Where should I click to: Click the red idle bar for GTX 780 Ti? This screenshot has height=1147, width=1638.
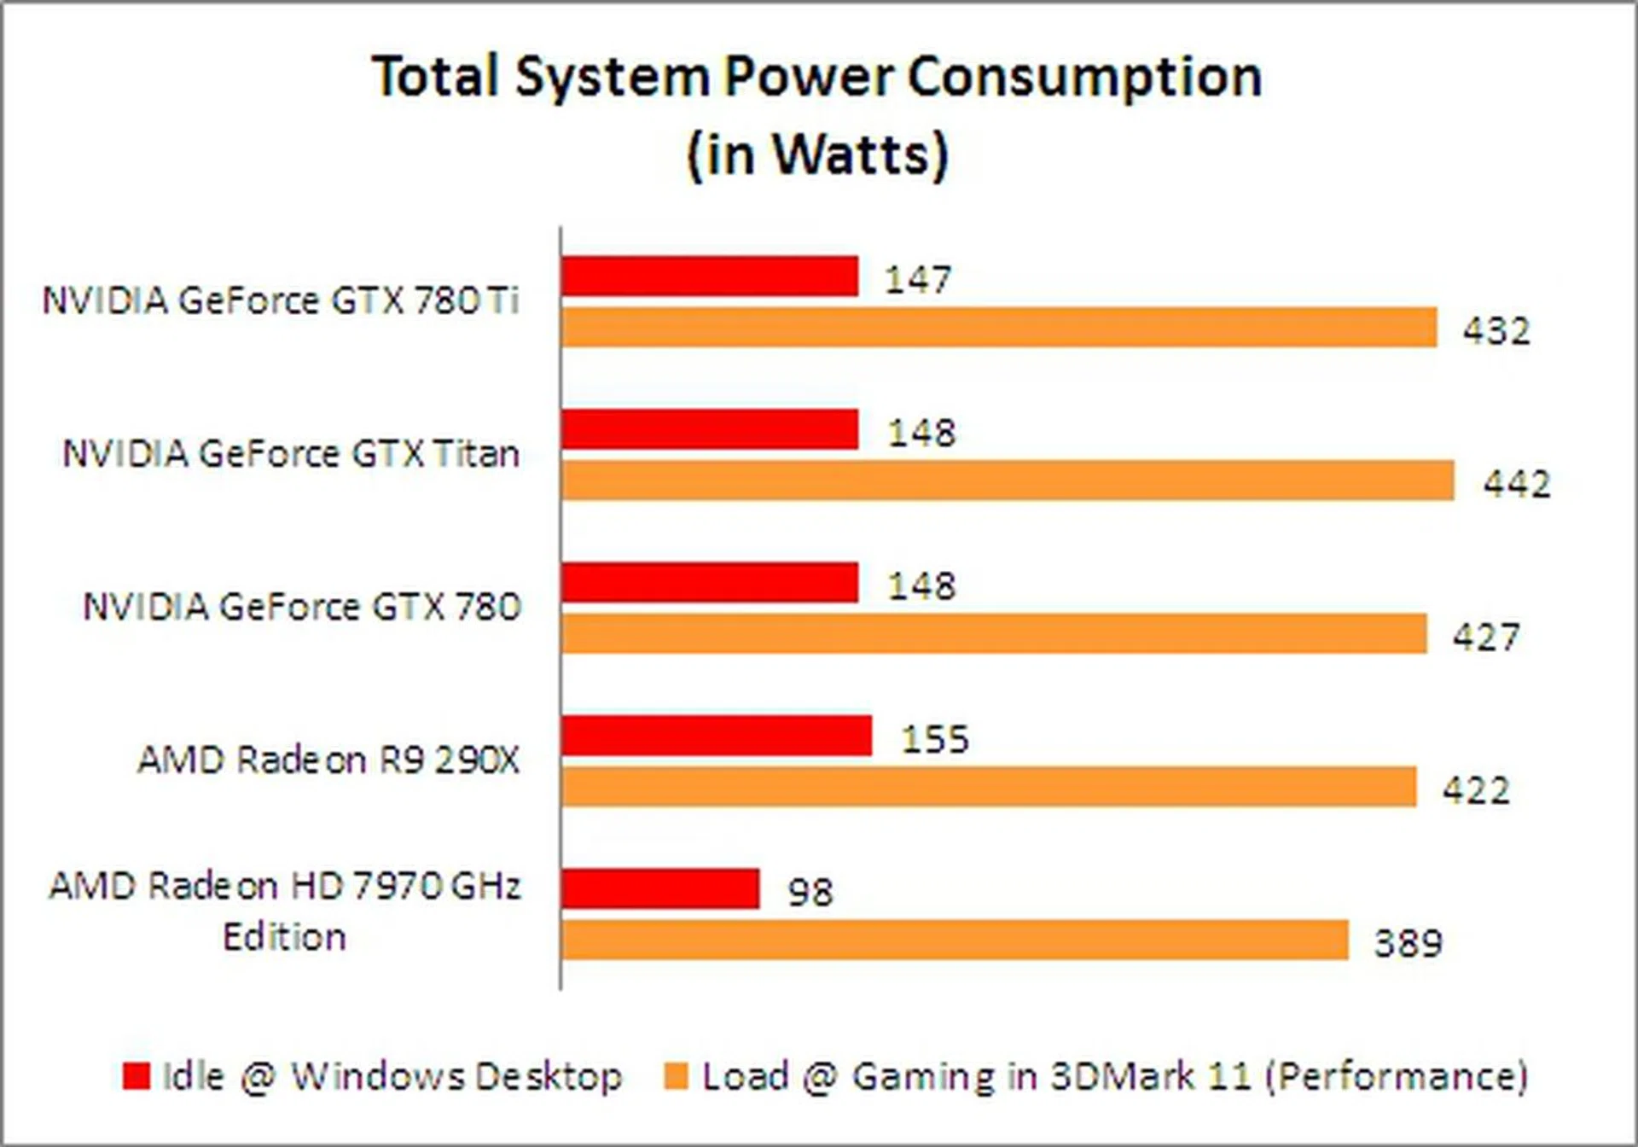(710, 277)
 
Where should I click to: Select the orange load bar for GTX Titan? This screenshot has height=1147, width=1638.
(1008, 480)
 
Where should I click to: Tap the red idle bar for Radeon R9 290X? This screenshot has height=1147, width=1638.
(717, 736)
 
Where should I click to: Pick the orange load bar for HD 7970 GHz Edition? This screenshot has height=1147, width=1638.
(955, 940)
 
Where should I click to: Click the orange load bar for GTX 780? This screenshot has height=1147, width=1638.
(994, 633)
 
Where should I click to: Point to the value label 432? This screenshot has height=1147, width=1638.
(1496, 330)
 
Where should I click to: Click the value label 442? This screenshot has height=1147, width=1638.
(1517, 484)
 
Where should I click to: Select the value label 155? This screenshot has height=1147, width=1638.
(935, 739)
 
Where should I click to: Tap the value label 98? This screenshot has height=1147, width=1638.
(810, 893)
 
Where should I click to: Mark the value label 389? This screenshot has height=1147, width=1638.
(1408, 943)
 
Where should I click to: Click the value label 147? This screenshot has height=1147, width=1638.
(918, 280)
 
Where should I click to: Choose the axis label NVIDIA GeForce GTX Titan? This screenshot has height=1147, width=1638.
(291, 454)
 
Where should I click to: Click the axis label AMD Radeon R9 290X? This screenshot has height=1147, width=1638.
(328, 760)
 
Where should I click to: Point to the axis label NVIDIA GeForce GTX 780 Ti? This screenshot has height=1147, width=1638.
(281, 300)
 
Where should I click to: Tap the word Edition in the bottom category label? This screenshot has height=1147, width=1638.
(284, 937)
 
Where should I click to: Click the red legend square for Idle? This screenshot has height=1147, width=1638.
(136, 1075)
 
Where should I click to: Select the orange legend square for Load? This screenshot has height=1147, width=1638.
(676, 1075)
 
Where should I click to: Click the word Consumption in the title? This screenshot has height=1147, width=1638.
(1083, 77)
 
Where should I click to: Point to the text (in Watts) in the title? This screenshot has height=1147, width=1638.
(817, 154)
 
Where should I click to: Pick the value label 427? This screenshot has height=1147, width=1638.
(1486, 637)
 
